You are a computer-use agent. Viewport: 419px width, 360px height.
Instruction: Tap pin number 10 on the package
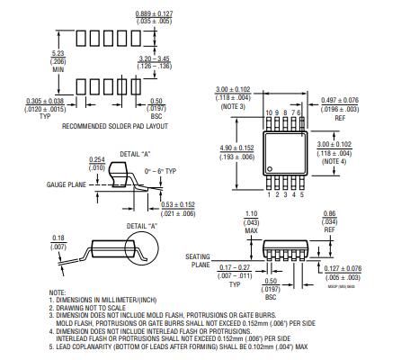270,112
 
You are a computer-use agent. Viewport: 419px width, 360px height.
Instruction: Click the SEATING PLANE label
198,261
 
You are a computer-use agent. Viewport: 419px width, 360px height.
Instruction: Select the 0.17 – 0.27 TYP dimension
236,270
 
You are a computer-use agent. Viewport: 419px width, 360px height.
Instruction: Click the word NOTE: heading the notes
58,292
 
